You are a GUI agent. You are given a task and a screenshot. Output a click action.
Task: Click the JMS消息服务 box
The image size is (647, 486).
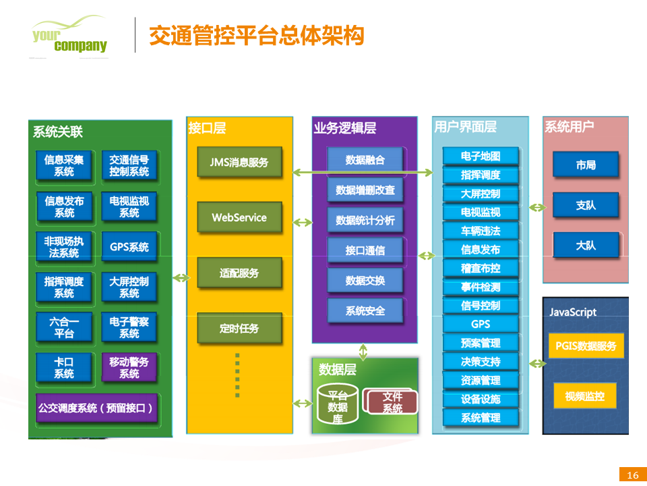tap(239, 163)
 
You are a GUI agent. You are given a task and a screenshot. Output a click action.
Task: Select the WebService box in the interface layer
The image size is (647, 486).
tap(239, 218)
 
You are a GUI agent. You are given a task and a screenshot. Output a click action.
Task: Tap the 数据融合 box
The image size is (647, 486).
tap(365, 160)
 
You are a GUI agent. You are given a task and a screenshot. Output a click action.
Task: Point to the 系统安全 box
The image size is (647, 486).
tap(365, 311)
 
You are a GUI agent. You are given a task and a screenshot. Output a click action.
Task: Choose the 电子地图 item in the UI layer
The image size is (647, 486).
tap(481, 157)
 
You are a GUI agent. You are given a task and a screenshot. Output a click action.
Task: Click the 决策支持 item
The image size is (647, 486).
tap(481, 362)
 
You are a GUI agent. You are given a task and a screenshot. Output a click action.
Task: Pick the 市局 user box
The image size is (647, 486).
tap(586, 165)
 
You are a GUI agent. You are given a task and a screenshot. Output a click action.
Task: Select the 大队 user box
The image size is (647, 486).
tap(586, 246)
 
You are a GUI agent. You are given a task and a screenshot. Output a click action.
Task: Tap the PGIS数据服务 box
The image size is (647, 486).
tap(586, 346)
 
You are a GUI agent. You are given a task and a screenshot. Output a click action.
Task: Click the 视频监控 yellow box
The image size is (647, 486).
tap(585, 396)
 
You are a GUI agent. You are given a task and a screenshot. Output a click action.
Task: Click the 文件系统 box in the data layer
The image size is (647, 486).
tap(391, 402)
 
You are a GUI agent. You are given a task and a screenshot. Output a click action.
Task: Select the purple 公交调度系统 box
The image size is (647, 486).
tap(96, 408)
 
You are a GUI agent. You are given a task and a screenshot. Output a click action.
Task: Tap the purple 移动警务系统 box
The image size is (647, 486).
tap(129, 368)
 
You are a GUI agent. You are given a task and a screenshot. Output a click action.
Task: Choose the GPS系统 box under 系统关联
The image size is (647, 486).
tap(129, 247)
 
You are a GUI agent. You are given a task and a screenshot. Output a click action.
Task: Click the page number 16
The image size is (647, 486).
tap(632, 475)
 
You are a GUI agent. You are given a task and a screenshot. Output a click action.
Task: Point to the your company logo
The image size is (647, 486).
tap(69, 37)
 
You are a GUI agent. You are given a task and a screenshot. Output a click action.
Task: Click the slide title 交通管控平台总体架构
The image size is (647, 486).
tap(256, 35)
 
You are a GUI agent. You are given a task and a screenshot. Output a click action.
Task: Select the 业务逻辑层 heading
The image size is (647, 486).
tap(344, 128)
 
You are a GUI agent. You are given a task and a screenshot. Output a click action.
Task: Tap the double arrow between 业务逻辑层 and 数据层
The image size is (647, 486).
tap(363, 352)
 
